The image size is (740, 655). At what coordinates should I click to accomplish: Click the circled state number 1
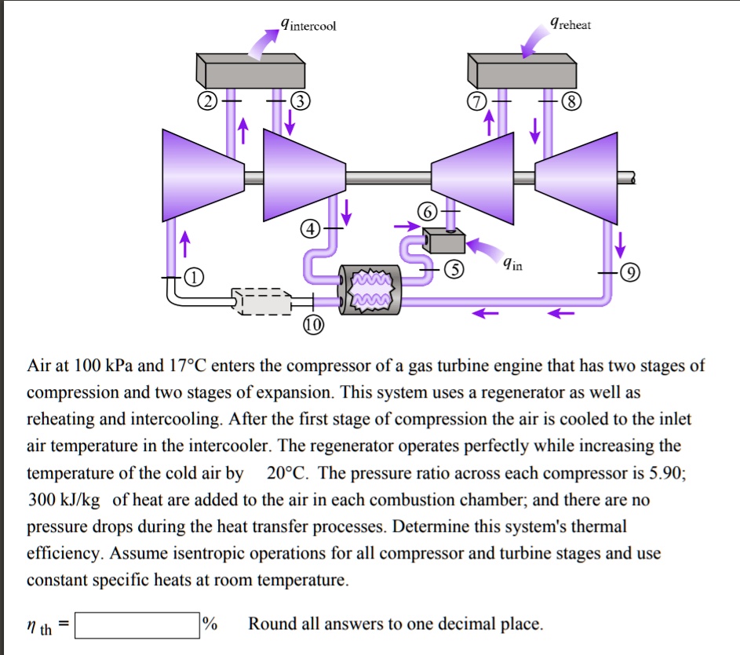click(193, 278)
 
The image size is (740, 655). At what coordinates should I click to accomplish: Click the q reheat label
click(570, 24)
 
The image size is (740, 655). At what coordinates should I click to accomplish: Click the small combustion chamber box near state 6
click(443, 241)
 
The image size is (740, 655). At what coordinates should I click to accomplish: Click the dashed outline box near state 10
click(262, 300)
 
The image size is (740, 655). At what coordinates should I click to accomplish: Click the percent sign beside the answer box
click(210, 624)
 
